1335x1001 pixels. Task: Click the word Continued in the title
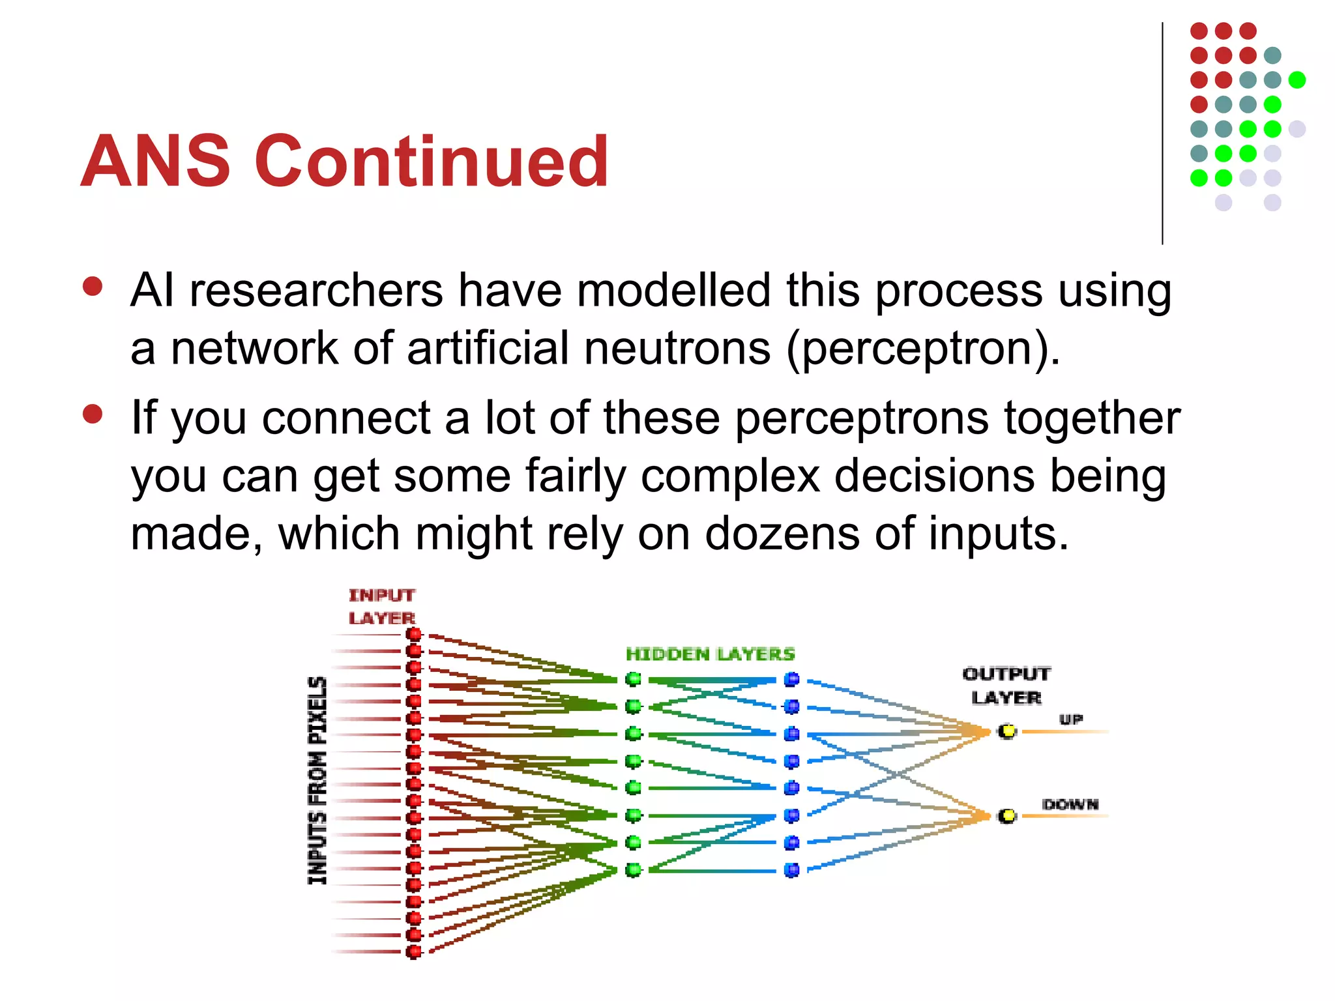pos(432,161)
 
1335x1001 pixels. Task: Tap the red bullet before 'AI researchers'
pos(93,287)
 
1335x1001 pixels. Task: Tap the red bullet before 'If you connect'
pos(93,414)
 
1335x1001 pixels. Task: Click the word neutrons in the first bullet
pos(677,348)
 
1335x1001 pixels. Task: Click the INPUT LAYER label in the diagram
pos(381,607)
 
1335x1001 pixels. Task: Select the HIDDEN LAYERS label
pos(710,654)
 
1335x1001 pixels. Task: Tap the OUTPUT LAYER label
pos(1006,686)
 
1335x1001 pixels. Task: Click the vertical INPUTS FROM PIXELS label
pos(317,780)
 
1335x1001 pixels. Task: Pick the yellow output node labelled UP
pos(1007,731)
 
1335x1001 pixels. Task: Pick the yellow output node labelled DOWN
pos(1007,815)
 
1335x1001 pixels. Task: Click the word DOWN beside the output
pos(1070,804)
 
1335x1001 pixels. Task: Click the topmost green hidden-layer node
pos(633,679)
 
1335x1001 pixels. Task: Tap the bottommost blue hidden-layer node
pos(791,870)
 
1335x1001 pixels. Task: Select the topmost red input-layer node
pos(413,634)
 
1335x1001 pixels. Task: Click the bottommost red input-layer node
pos(413,952)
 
